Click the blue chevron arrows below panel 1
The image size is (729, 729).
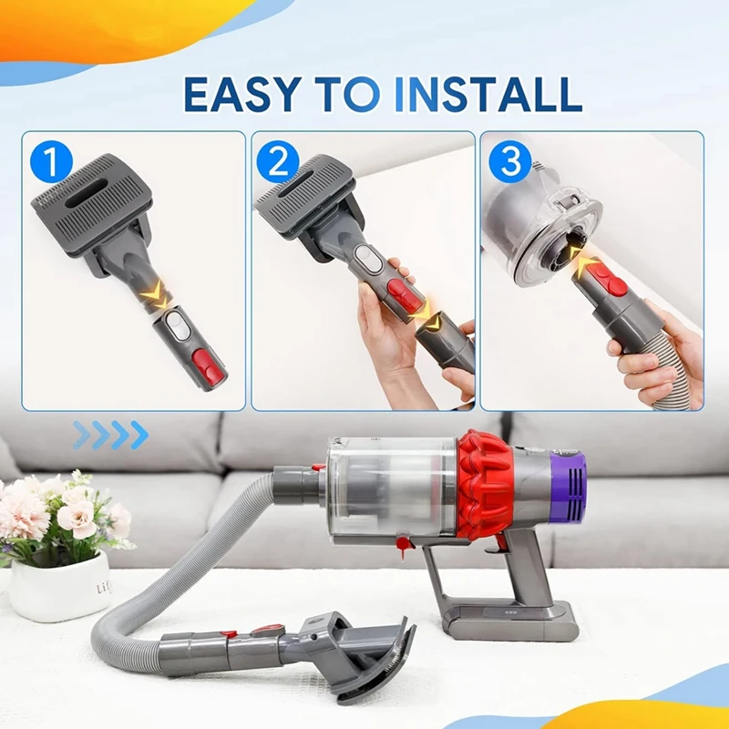(x=109, y=436)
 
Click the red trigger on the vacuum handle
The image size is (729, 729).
(x=500, y=542)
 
